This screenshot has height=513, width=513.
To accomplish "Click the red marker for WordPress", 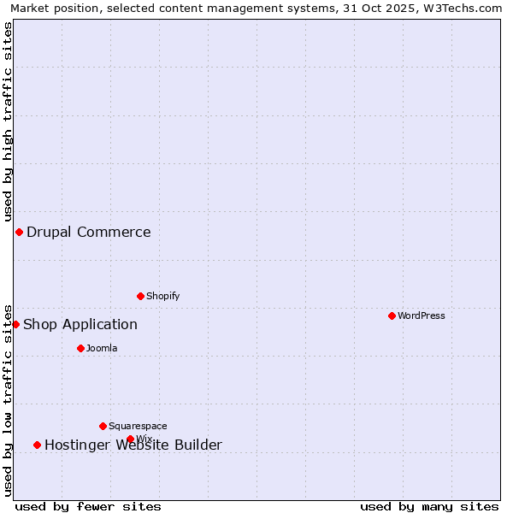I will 392,315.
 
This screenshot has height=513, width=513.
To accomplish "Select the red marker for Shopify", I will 140,296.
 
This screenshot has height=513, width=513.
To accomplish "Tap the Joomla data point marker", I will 80,348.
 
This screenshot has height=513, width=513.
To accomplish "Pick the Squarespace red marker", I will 103,426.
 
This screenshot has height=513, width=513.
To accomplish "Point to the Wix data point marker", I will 130,439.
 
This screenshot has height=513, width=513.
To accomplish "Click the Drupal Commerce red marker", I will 19,232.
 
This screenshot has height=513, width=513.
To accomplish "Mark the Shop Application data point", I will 15,324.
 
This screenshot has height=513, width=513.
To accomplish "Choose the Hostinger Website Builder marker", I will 37,445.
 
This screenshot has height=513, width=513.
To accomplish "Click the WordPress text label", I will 421,315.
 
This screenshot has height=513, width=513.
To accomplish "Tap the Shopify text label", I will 162,296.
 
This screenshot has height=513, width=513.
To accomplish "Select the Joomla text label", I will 102,348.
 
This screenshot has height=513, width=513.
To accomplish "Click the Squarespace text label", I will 138,426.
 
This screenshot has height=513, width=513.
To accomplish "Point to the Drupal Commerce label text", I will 89,232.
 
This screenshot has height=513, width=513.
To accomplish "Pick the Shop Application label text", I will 80,324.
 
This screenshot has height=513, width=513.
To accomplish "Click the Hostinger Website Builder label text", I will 133,445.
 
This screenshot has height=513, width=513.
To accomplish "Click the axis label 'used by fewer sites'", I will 88,506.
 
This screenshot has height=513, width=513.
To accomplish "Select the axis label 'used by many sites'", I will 429,506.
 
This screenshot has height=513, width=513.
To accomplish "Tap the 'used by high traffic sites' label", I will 8,121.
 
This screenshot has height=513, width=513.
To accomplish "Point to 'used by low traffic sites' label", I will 8,400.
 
